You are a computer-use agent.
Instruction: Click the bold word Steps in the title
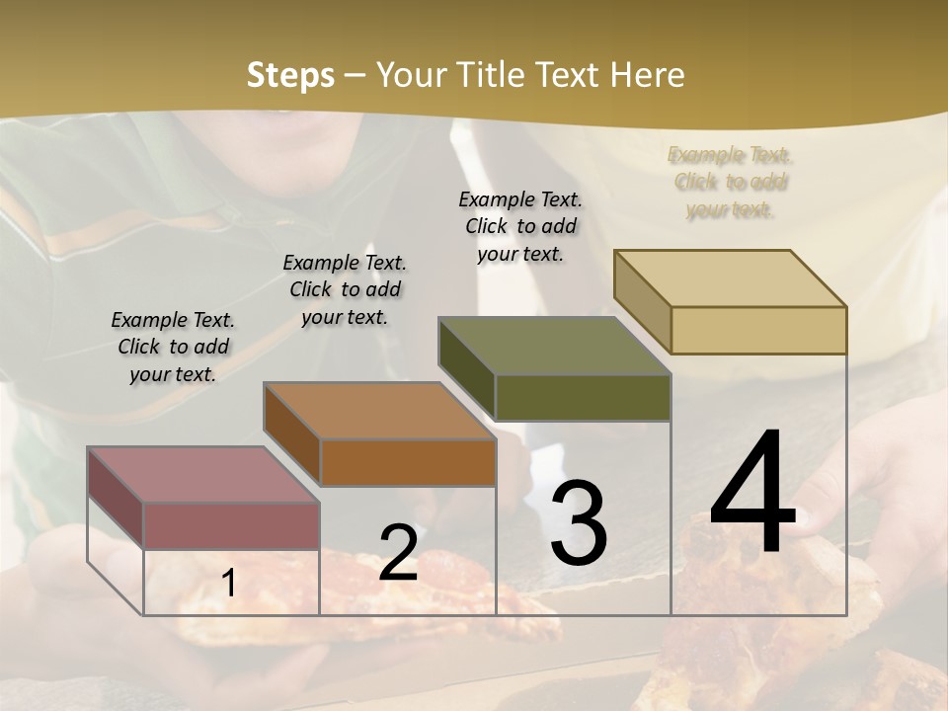point(290,75)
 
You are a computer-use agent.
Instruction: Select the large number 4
point(753,493)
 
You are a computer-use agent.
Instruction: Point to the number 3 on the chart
point(579,522)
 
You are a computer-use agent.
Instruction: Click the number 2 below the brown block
point(398,553)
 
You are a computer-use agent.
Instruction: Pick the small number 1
point(229,584)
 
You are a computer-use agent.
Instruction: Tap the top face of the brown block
point(378,411)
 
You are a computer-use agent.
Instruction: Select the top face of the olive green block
point(554,346)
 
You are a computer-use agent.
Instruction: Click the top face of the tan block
point(730,278)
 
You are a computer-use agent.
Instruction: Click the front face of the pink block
point(231,525)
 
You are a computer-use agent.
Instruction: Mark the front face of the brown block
point(408,462)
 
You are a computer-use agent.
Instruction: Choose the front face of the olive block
point(583,397)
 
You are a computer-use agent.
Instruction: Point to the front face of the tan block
point(758,330)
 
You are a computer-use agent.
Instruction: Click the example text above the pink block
point(173,347)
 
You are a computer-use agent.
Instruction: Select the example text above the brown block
point(345,289)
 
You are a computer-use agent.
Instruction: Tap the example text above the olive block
point(520,226)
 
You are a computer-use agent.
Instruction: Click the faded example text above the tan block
point(730,182)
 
